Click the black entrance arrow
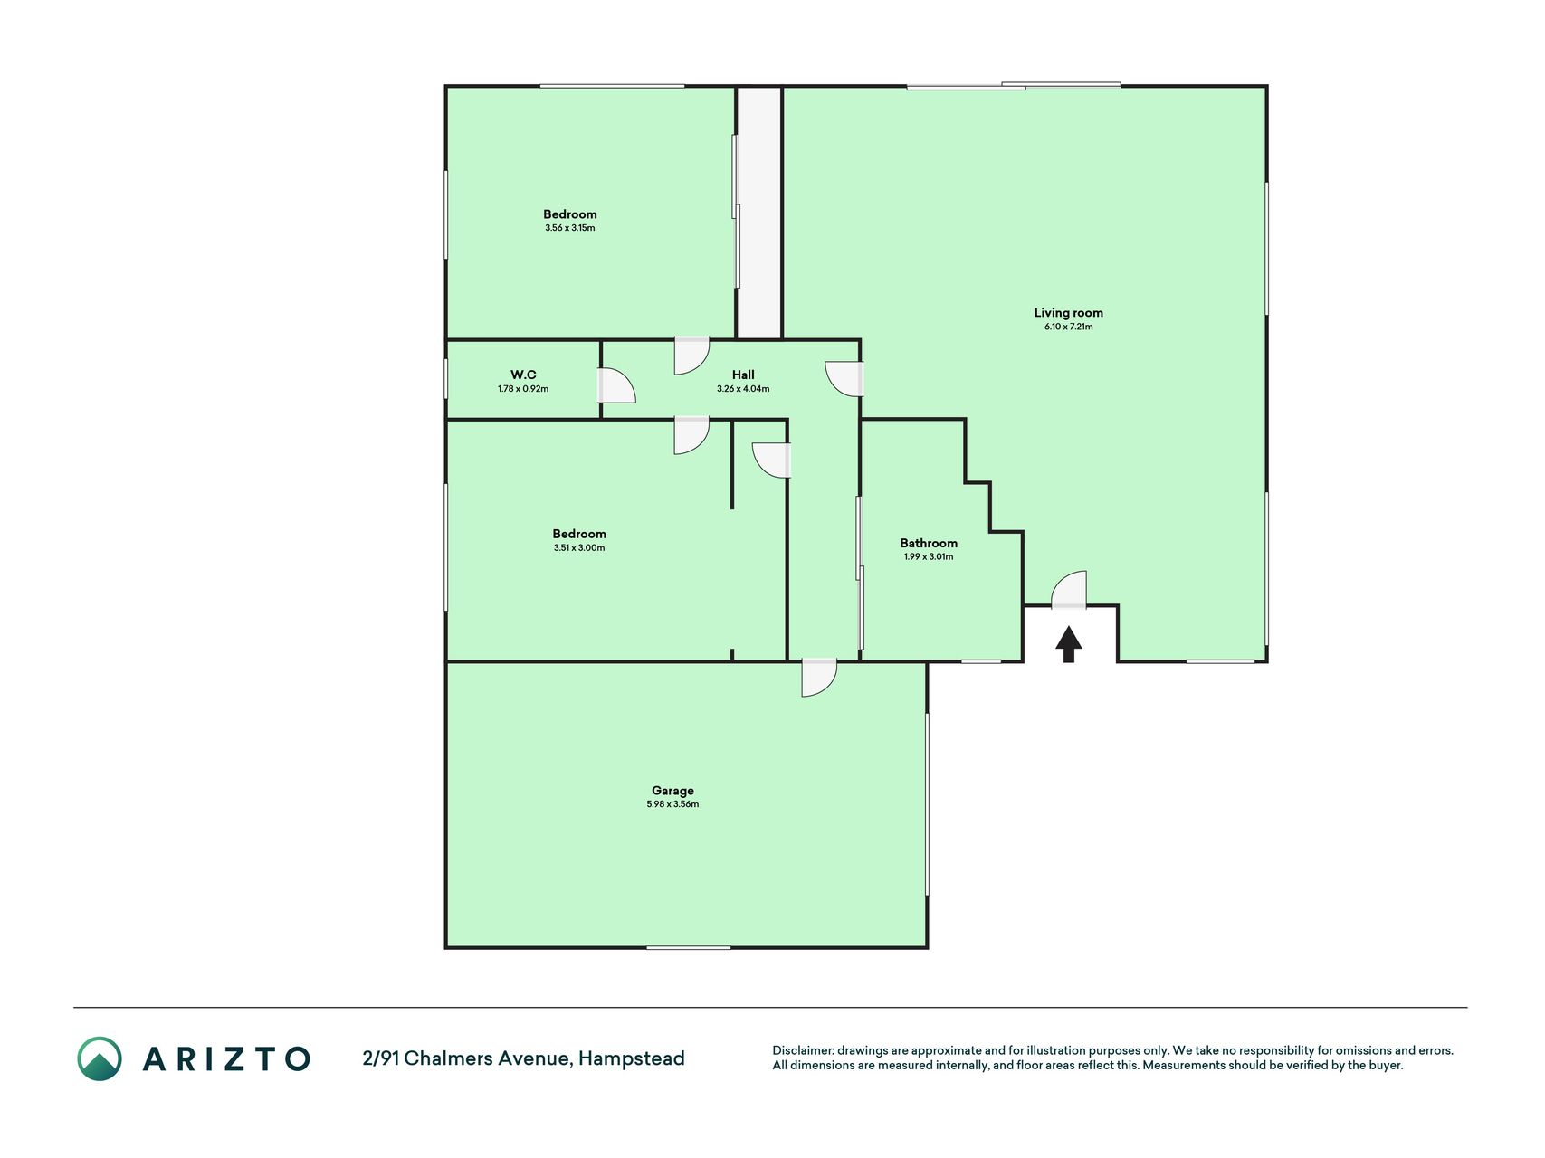[x=1069, y=644]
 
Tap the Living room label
[x=1069, y=313]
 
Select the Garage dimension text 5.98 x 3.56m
[x=672, y=804]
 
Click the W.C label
[x=523, y=375]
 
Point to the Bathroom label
[x=929, y=543]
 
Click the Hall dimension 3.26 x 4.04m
[x=743, y=389]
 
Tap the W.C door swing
[x=616, y=385]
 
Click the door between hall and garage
[x=819, y=678]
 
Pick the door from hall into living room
[x=844, y=379]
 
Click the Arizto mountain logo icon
[x=100, y=1058]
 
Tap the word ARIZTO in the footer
[x=226, y=1058]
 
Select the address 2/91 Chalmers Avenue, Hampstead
[x=523, y=1058]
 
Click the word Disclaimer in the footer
[x=803, y=1050]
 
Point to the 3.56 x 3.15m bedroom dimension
[x=570, y=228]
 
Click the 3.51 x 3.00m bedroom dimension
[x=579, y=547]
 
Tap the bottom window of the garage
[x=689, y=947]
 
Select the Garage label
[x=672, y=791]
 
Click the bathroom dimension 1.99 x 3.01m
[x=929, y=556]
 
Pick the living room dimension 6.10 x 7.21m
[x=1069, y=327]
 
